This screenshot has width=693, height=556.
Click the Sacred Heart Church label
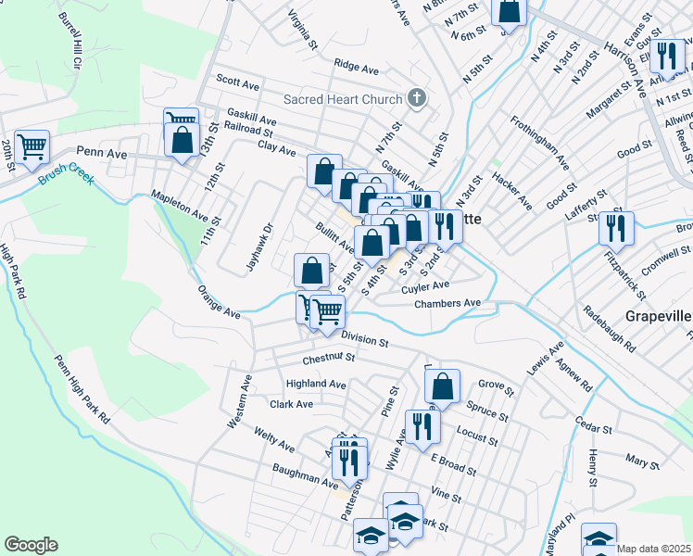click(343, 99)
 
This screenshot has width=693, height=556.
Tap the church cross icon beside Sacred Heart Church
click(418, 98)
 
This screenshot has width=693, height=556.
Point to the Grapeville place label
click(659, 316)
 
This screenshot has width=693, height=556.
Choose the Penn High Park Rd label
click(82, 389)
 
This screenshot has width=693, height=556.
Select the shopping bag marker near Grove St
click(444, 388)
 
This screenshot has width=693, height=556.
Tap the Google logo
click(31, 545)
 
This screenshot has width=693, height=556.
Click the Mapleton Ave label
click(180, 206)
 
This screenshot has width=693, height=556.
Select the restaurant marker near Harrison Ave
click(666, 57)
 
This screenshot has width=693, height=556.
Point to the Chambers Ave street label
click(447, 303)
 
